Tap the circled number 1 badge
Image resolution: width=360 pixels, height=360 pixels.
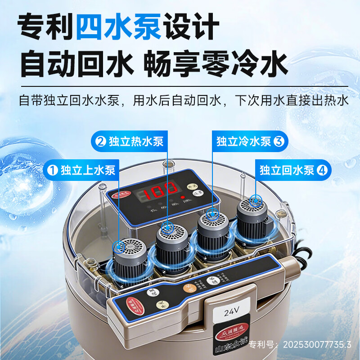(53, 170)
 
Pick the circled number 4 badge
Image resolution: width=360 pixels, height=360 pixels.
(322, 170)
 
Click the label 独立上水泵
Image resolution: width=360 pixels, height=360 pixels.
(88, 170)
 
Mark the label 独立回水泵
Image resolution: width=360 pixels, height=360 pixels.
(287, 170)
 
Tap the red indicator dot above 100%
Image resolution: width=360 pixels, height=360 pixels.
(183, 197)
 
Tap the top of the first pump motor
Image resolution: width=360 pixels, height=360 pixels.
(130, 247)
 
